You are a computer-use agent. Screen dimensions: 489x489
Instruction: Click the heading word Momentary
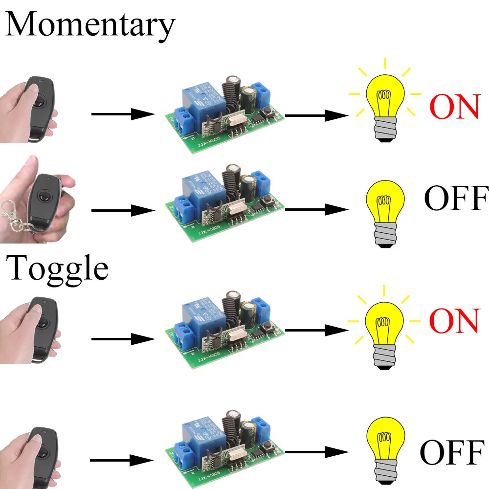(x=90, y=25)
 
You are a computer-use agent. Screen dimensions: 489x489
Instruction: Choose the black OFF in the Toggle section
(x=452, y=452)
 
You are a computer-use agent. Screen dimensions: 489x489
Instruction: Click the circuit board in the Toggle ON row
(x=225, y=328)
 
